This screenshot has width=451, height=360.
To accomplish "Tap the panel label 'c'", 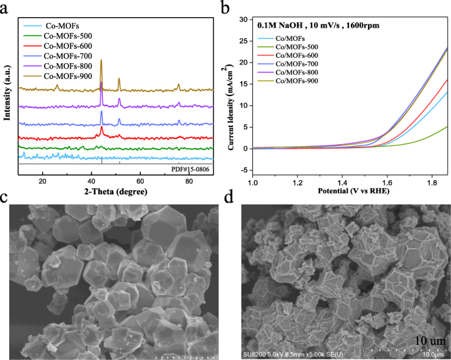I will pos(6,196).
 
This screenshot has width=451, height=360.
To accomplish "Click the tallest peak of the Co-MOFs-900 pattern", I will pos(101,61).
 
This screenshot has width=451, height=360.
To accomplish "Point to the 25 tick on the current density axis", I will pos(244,41).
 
